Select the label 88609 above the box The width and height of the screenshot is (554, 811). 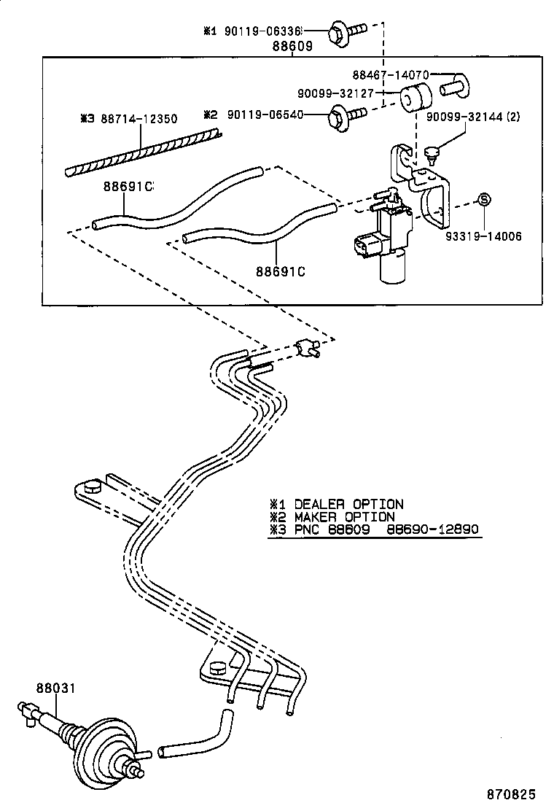pyautogui.click(x=292, y=46)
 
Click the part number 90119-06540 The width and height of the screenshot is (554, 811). pyautogui.click(x=264, y=115)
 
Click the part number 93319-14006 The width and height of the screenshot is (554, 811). pyautogui.click(x=485, y=237)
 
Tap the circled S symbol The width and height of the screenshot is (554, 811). pyautogui.click(x=483, y=200)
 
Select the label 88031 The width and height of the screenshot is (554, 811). pyautogui.click(x=55, y=687)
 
